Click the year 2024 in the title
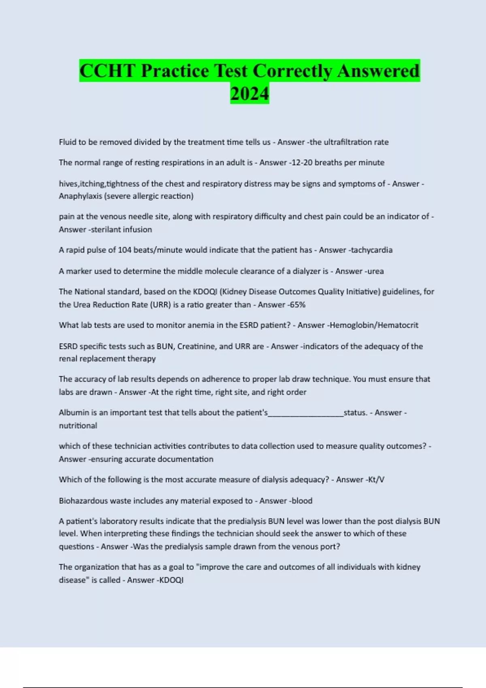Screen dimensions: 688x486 (x=249, y=93)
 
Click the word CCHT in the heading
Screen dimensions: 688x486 (x=107, y=71)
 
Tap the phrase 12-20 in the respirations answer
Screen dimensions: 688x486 (x=300, y=163)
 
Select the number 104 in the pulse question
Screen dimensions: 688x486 (x=124, y=250)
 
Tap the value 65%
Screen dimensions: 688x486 (x=297, y=305)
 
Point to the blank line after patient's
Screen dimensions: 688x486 (x=306, y=413)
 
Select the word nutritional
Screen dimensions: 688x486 (x=78, y=426)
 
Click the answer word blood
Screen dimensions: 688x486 (x=302, y=501)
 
